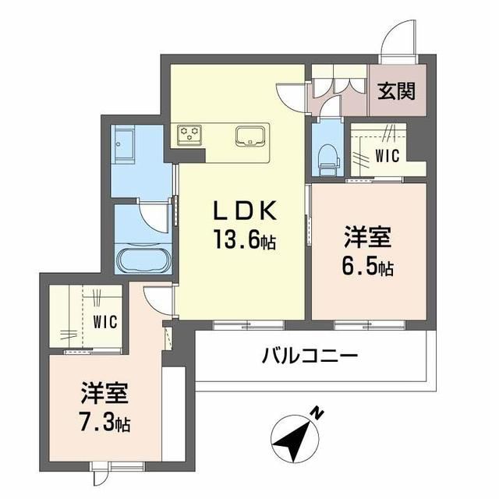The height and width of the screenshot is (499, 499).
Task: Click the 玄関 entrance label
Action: [397, 91]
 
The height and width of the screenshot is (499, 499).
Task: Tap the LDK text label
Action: [242, 211]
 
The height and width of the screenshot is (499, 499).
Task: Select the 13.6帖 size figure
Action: [242, 242]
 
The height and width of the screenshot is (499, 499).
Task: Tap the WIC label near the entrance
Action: [387, 155]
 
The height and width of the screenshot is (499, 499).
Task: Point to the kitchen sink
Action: [250, 136]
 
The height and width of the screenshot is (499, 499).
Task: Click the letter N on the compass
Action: [317, 411]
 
